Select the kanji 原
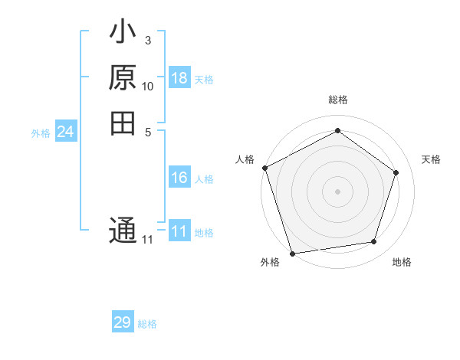coord(123,79)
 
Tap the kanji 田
coord(123,122)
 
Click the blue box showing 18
coord(179,78)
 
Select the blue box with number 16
coord(179,178)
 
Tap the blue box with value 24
coord(66,132)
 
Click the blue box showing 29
coord(123,322)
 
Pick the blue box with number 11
coord(179,231)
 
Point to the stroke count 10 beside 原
coord(147,86)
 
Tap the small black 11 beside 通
coord(147,240)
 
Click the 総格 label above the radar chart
coord(337,100)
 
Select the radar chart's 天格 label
coord(431,159)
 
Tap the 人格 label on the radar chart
coord(245,159)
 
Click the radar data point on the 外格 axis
coord(293,252)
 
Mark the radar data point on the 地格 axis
coord(374,242)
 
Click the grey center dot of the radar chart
coord(337,191)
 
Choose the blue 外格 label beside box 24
coord(41,133)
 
